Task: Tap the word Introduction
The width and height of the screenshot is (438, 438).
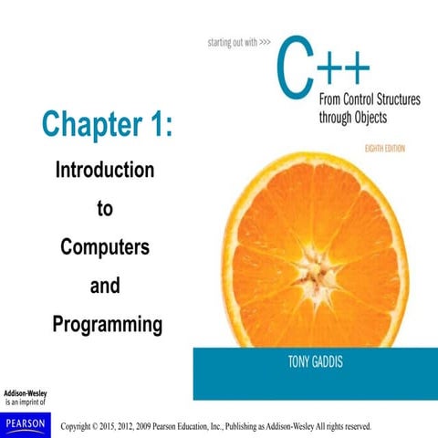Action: click(x=105, y=170)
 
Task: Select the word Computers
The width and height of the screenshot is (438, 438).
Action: click(x=105, y=246)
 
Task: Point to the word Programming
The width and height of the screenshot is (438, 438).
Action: click(x=107, y=323)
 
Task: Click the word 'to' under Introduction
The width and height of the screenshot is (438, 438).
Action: click(x=105, y=208)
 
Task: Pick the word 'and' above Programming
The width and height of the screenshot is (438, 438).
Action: click(x=105, y=286)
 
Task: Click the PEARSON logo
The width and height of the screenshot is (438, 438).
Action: click(x=24, y=422)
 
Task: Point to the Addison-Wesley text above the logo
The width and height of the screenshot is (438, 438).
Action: click(x=25, y=393)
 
